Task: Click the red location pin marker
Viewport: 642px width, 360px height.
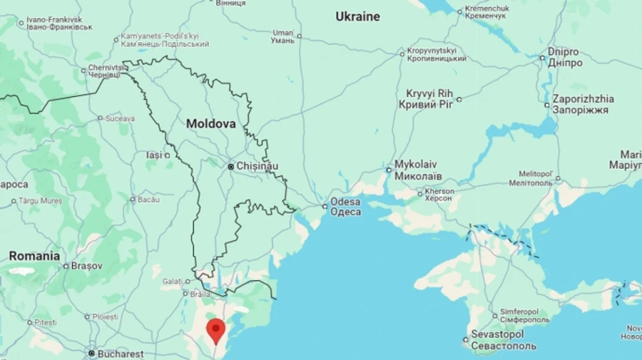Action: [x=215, y=330]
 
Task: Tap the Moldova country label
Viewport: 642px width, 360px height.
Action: [x=210, y=123]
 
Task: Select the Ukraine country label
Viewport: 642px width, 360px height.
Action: [x=357, y=16]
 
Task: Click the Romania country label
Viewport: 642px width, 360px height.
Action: [x=34, y=255]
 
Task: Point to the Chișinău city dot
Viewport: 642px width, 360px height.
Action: [x=231, y=166]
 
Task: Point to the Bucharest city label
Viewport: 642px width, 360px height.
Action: [x=121, y=354]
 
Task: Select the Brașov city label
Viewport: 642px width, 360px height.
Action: [x=87, y=266]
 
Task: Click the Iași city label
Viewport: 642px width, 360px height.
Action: [x=153, y=155]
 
